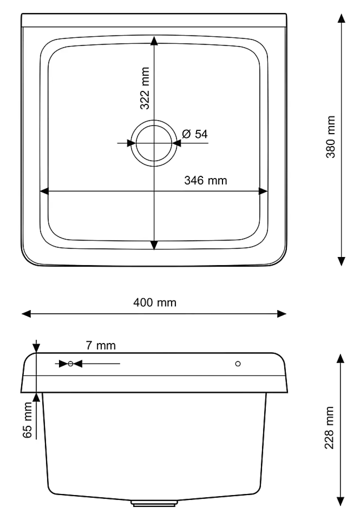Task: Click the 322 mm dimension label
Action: coord(145,88)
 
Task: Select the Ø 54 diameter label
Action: coord(195,134)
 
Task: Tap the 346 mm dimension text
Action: coord(205,180)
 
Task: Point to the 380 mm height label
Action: coord(330,137)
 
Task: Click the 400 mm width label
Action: coord(154,303)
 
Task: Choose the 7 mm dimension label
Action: coord(101,346)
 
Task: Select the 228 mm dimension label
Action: coord(329,428)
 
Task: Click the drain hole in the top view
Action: coord(154,143)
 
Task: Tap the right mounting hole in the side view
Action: coord(238,363)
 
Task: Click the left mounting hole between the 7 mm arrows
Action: coord(71,364)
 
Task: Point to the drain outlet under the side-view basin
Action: coord(154,503)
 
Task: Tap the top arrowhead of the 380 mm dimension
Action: coord(341,18)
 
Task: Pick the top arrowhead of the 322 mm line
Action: coord(154,40)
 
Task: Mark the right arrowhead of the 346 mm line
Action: coord(263,191)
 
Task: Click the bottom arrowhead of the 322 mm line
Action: coord(154,245)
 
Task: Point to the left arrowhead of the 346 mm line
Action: coord(44,191)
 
